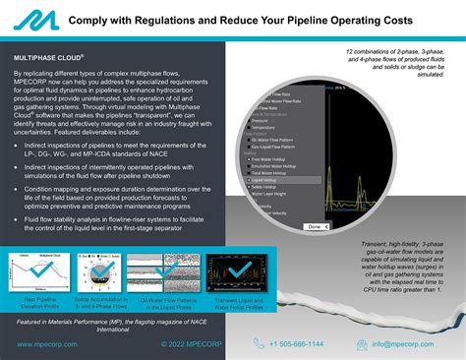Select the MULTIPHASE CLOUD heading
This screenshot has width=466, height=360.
pyautogui.click(x=55, y=58)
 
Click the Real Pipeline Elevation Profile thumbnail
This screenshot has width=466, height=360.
pyautogui.click(x=44, y=270)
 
